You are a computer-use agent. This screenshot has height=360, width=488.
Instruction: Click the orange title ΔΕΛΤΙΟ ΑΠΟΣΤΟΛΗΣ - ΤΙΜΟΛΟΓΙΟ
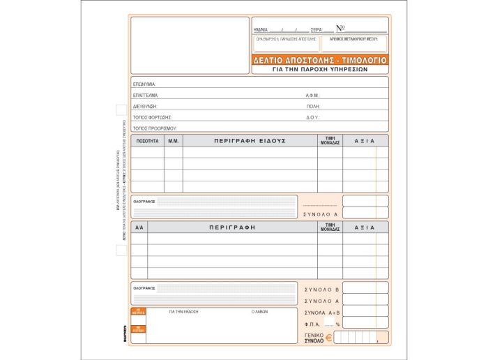pos(320,61)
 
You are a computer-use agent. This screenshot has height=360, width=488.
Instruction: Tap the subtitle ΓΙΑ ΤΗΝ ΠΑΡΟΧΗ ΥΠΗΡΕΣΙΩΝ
pos(320,70)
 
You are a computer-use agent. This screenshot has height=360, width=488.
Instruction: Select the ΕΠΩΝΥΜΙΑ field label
pos(144,84)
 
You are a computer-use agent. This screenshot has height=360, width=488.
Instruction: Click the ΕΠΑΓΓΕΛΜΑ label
pos(146,95)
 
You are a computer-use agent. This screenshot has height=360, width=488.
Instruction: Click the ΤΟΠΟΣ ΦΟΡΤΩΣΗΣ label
pos(152,117)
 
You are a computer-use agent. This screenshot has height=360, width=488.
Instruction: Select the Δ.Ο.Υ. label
pos(312,117)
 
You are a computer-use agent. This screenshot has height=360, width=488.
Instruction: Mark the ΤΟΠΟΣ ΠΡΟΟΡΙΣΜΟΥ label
pos(155,128)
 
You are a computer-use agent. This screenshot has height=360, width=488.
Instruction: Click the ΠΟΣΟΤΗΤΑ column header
pos(148,141)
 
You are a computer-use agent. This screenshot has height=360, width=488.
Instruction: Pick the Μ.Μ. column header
pos(174,141)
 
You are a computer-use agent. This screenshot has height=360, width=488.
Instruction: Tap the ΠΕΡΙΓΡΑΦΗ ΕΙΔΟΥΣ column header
pos(250,141)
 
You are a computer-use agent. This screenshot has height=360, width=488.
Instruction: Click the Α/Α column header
pos(139,227)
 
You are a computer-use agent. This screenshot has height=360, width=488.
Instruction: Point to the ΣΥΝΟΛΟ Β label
pos(321,288)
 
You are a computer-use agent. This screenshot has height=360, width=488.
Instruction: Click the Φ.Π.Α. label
pos(315,324)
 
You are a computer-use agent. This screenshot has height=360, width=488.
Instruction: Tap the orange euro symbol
pos(329,338)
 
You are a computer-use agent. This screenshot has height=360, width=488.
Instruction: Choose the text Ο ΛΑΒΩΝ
pos(259,312)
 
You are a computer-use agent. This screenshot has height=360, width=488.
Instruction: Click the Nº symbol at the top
pos(340,29)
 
